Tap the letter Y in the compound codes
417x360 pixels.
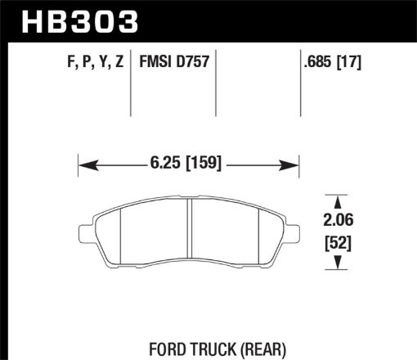coord(102,61)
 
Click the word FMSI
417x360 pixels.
coord(156,61)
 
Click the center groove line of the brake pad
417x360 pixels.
coord(190,234)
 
